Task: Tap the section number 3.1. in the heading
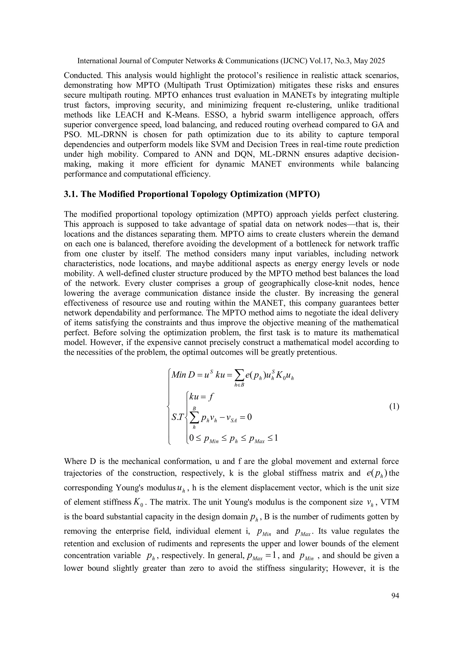[71, 194]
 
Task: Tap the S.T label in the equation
[177, 417]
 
